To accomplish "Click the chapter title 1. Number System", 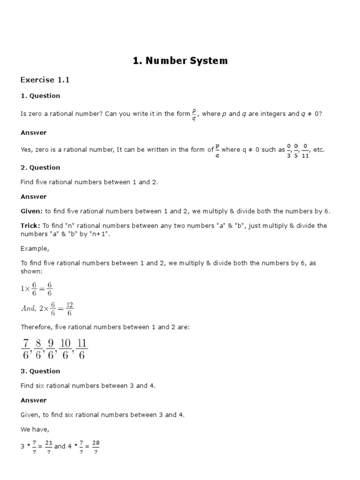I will click(x=180, y=60).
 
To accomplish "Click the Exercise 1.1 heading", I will click(x=45, y=80).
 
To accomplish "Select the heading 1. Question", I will click(x=40, y=96).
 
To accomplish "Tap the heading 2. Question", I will click(x=40, y=167).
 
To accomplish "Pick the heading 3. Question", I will click(x=40, y=371).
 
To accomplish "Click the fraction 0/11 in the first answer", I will click(x=305, y=150).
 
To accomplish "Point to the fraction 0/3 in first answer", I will click(x=289, y=150).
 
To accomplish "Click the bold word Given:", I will click(x=31, y=211).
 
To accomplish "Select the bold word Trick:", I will click(x=30, y=225).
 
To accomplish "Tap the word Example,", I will click(x=35, y=248).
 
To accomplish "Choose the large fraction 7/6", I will click(x=26, y=350).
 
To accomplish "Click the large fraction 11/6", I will click(x=82, y=350).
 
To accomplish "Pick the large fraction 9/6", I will click(x=51, y=350).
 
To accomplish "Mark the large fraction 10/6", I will click(x=65, y=350).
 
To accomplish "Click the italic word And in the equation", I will click(x=29, y=308).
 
